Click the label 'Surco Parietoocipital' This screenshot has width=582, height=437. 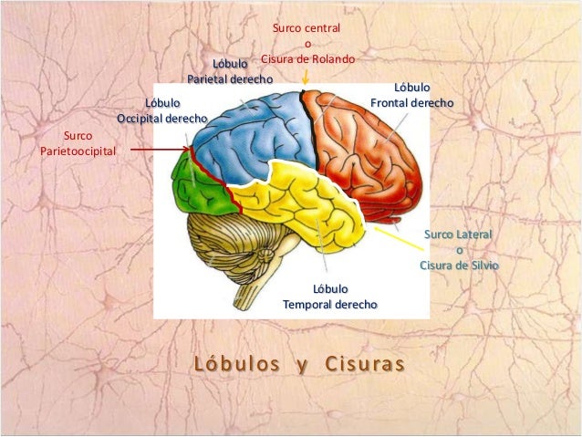78,143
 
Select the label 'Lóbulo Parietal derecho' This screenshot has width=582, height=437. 230,71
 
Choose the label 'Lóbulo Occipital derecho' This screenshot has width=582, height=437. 162,111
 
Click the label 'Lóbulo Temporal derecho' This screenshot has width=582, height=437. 329,297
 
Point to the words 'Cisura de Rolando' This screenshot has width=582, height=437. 307,59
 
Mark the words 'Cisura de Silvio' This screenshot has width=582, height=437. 459,265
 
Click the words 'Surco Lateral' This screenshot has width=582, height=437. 458,235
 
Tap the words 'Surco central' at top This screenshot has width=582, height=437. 307,29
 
